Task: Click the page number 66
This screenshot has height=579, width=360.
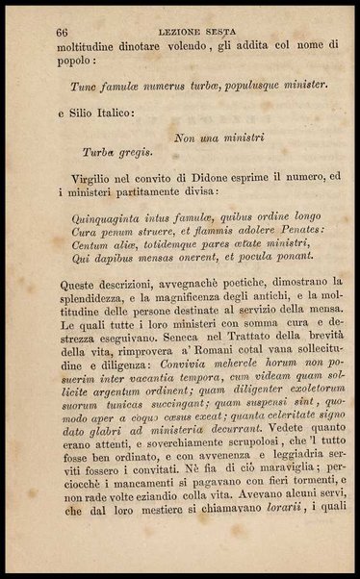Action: (63, 32)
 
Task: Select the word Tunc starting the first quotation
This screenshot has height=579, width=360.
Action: (85, 84)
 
